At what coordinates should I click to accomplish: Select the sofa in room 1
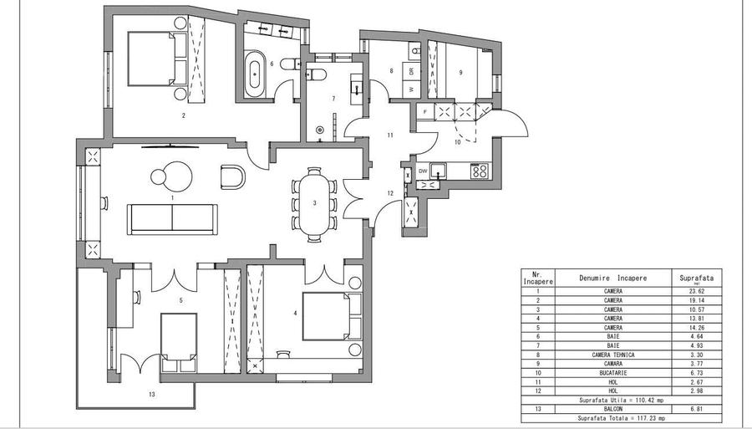coord(172,219)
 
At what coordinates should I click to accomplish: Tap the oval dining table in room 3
coord(314,203)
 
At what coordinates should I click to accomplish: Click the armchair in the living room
coord(232,176)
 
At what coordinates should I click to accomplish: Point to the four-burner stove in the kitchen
coord(480,171)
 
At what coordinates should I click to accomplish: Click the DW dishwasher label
coord(424,171)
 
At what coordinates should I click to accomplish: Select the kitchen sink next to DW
coord(439,171)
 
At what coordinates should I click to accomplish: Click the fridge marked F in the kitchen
coord(425,110)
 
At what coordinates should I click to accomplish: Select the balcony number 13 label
coord(151,392)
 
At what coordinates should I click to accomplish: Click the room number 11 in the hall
coord(389,135)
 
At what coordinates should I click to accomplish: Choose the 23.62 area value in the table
coord(694,291)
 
